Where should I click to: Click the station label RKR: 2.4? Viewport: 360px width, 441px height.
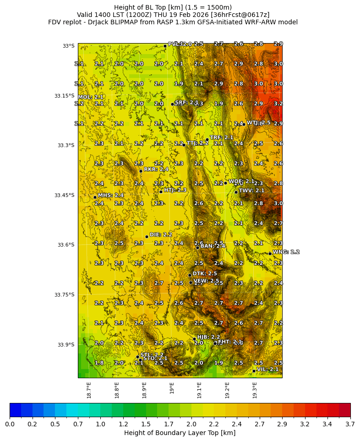tap(156, 170)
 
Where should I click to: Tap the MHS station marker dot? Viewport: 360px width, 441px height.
tap(95, 197)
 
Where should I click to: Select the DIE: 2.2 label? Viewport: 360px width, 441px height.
tap(161, 235)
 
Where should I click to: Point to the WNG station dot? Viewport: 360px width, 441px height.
tap(270, 254)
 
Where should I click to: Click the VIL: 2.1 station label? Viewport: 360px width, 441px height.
tap(267, 369)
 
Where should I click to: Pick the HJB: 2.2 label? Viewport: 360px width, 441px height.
tap(208, 337)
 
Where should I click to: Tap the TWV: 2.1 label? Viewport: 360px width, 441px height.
tap(251, 190)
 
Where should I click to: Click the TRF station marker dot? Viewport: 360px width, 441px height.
tap(207, 139)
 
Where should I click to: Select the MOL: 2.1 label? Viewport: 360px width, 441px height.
tap(90, 97)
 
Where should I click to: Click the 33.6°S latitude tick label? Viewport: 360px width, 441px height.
tap(65, 245)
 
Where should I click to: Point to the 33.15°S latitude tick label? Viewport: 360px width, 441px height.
tap(64, 96)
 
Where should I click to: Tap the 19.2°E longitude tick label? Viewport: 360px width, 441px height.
tap(227, 390)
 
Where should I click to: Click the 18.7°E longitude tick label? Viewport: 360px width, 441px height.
tap(89, 390)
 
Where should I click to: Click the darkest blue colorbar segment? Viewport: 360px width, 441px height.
tap(15, 410)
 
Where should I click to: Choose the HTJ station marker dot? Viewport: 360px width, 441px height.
tap(161, 192)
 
